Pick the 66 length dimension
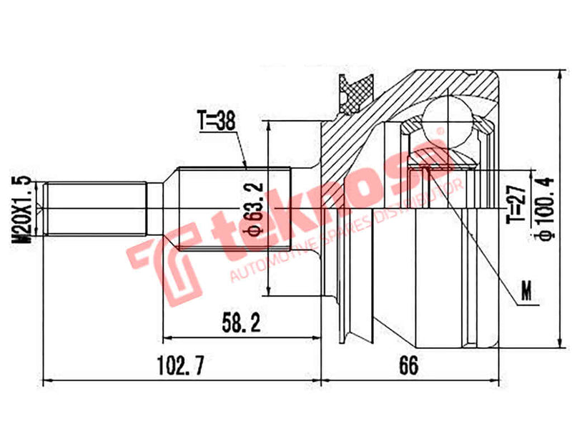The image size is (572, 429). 408,366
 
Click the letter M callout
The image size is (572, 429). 527,292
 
